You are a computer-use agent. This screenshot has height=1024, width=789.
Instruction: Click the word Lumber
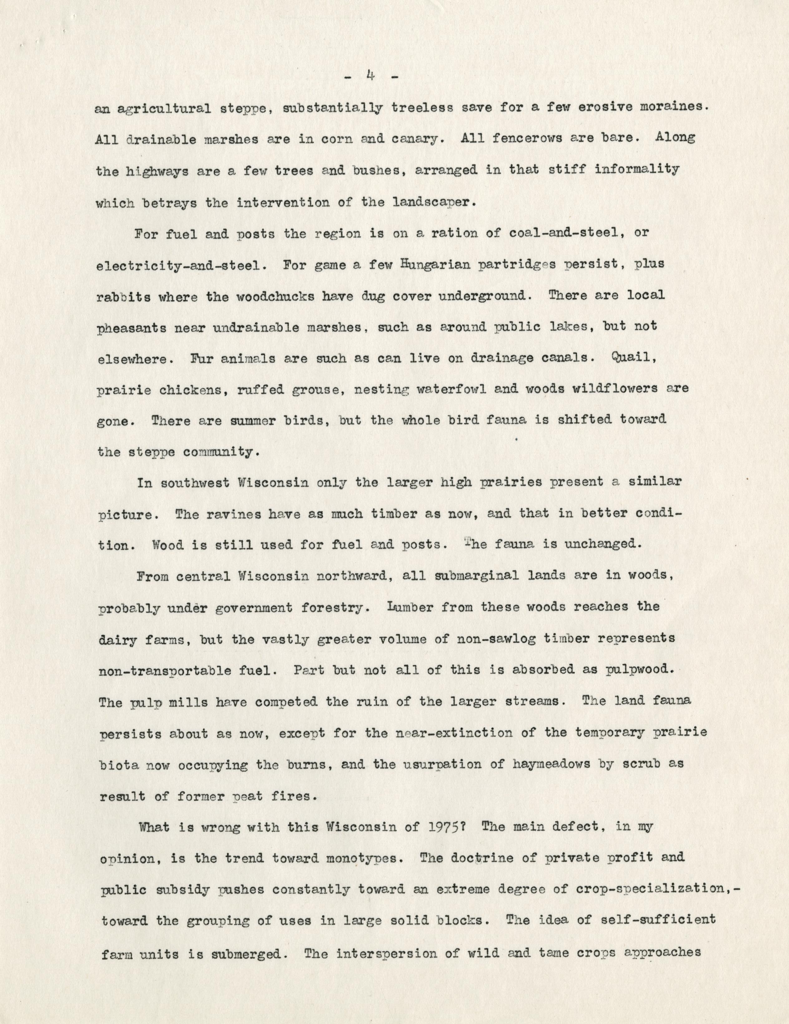tap(412, 608)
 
